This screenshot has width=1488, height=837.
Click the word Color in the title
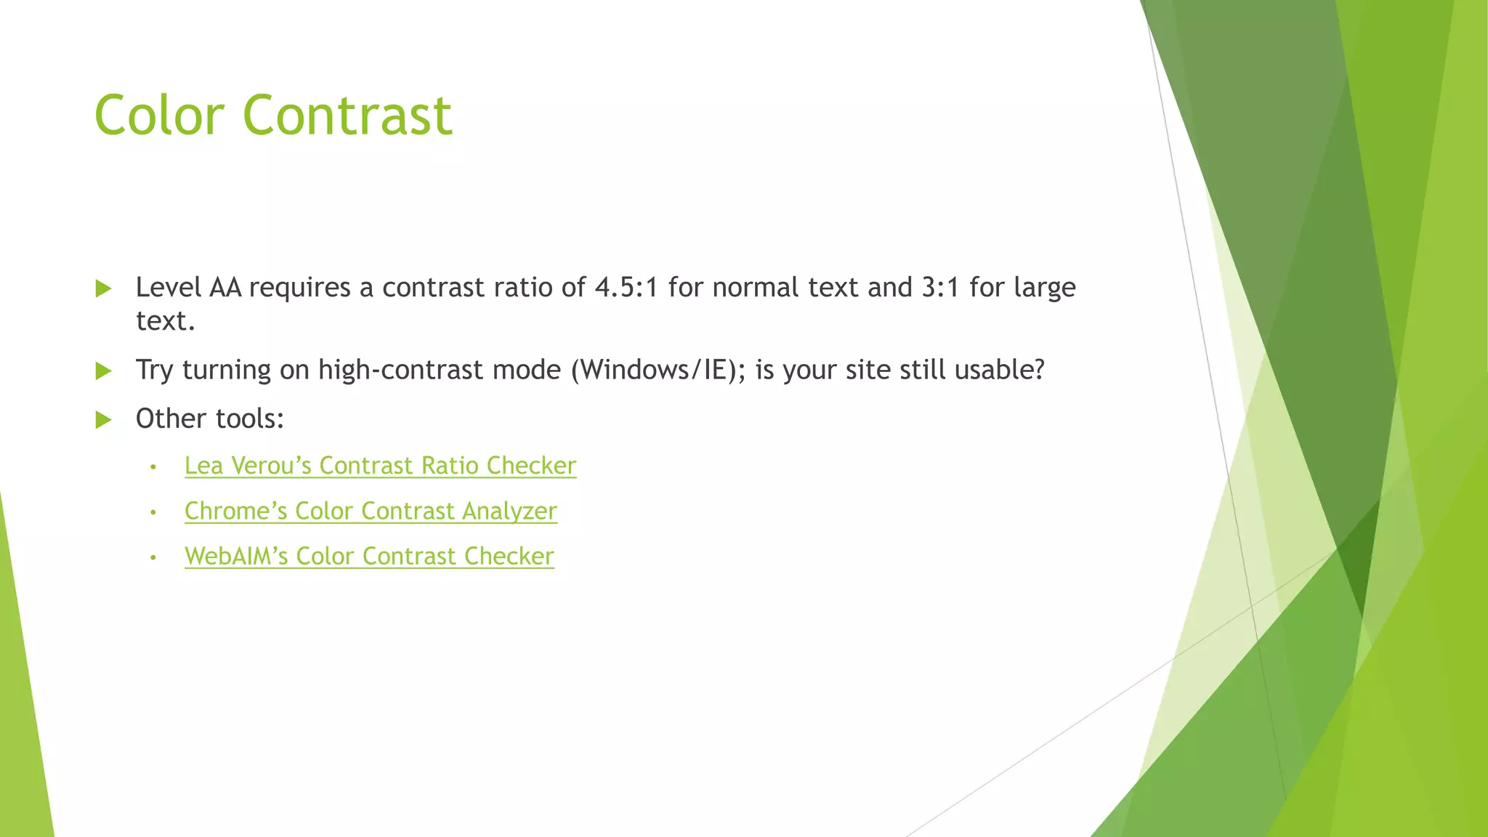tap(159, 115)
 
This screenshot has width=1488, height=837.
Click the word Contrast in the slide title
tap(347, 115)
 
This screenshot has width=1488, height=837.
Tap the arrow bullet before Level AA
tap(103, 288)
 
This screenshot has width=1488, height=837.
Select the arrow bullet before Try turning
tap(103, 371)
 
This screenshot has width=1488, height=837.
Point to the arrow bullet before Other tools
tap(103, 419)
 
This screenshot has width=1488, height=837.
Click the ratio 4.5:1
tap(626, 288)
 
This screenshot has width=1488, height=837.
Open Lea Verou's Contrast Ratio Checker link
tap(380, 466)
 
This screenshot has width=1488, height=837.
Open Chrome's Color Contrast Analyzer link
tap(371, 511)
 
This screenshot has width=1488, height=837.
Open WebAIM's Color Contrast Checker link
tap(369, 557)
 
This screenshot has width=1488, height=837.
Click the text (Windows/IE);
tap(658, 371)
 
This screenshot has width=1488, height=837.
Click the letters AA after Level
tap(225, 288)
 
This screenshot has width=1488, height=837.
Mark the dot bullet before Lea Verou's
tap(153, 467)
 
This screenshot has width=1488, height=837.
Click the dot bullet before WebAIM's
tap(153, 558)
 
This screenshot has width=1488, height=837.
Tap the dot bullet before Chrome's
tap(153, 512)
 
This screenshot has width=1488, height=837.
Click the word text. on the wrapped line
tap(166, 321)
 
